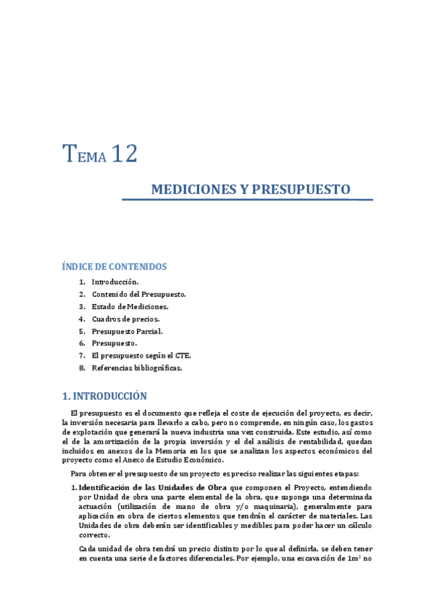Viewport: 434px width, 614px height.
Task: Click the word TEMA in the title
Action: point(85,155)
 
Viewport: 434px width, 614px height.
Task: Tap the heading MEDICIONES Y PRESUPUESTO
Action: point(250,190)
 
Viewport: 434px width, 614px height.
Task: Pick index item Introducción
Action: point(114,282)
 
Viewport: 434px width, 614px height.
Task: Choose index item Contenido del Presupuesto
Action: point(138,294)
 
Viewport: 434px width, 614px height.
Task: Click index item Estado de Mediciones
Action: point(130,306)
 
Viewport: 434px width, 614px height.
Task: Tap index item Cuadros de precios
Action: point(125,319)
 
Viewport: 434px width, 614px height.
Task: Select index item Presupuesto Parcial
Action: point(127,331)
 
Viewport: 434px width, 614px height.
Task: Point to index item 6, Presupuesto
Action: point(114,343)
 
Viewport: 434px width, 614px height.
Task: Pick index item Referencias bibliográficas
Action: point(137,368)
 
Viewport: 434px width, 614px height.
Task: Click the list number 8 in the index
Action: point(82,368)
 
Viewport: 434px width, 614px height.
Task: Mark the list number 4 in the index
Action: point(82,319)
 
